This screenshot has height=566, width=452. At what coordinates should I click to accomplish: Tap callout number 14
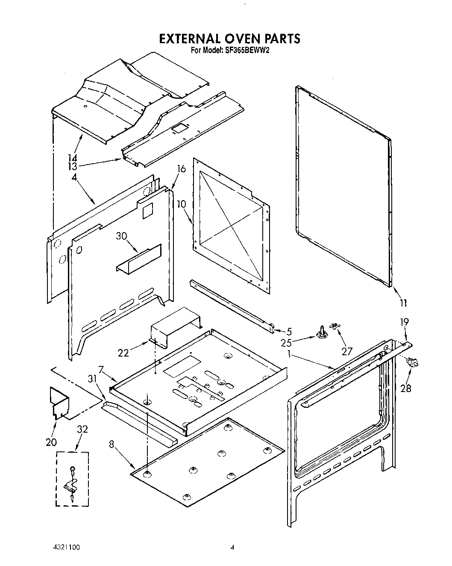[x=72, y=158]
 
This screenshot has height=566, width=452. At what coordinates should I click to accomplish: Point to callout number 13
[x=72, y=166]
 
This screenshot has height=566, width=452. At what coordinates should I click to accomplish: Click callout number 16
[x=181, y=169]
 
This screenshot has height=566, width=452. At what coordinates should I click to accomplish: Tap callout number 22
[x=123, y=352]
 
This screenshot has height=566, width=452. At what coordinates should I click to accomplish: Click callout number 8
[x=112, y=445]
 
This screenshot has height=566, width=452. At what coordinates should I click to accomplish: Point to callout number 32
[x=82, y=429]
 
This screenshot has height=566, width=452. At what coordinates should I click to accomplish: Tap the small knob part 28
[x=412, y=363]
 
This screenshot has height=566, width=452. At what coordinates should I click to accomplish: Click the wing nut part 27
[x=336, y=328]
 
